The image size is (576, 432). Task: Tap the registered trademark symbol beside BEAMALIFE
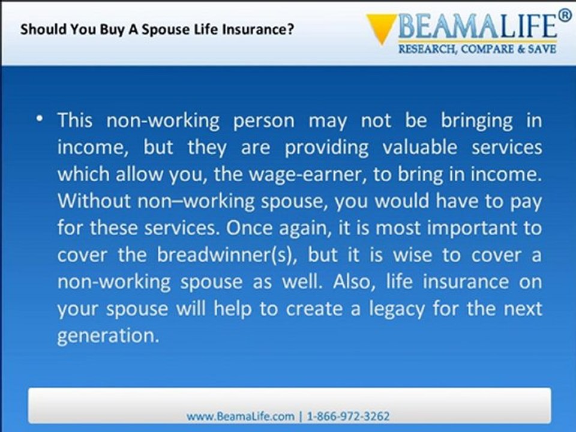pyautogui.click(x=565, y=16)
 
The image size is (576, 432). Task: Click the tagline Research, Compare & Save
pyautogui.click(x=477, y=49)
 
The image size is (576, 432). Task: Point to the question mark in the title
pyautogui.click(x=290, y=29)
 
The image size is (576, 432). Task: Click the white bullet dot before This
pyautogui.click(x=40, y=118)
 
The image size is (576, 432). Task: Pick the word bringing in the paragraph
pyautogui.click(x=476, y=121)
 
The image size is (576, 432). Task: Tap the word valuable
pyautogui.click(x=420, y=148)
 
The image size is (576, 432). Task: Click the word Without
pyautogui.click(x=94, y=201)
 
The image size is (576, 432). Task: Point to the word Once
pyautogui.click(x=248, y=228)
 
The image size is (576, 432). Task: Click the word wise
pyautogui.click(x=413, y=255)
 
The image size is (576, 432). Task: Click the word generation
pyautogui.click(x=108, y=336)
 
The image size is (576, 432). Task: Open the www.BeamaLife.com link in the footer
pyautogui.click(x=240, y=416)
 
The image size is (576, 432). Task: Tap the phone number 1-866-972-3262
pyautogui.click(x=348, y=416)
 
